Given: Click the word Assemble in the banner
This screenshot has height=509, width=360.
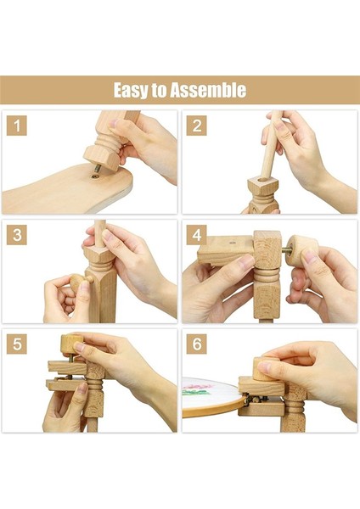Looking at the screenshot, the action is (208, 90).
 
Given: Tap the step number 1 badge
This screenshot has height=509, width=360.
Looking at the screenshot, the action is (17, 126).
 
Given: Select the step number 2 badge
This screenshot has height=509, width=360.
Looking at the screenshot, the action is (197, 126).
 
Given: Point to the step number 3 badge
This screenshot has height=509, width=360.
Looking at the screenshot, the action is (17, 235).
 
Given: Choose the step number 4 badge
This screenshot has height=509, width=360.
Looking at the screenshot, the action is (197, 235).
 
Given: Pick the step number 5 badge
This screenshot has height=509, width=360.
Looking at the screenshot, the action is (17, 344).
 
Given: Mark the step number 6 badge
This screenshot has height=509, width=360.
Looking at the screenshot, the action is (197, 344).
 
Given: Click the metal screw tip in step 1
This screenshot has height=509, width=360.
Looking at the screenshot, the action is (98, 169).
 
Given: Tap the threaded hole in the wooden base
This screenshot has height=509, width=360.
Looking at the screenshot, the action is (95, 176).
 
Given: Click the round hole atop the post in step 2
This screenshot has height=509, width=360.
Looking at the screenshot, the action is (262, 180).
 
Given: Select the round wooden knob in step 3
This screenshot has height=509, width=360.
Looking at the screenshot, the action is (79, 282).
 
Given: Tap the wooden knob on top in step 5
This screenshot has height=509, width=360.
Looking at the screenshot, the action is (71, 346).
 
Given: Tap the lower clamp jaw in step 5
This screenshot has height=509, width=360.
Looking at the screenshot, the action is (66, 384).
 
